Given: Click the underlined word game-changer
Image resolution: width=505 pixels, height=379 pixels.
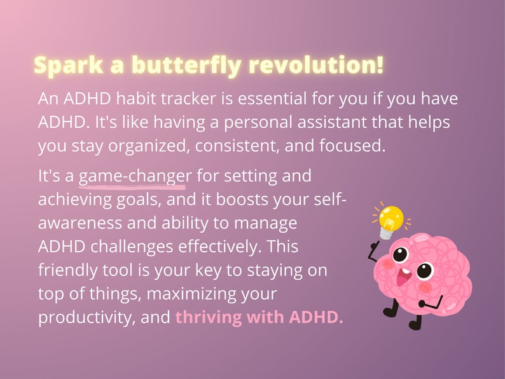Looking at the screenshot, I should pyautogui.click(x=134, y=176).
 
